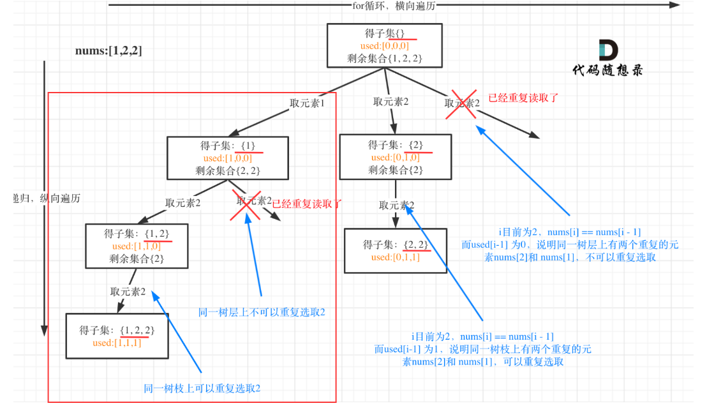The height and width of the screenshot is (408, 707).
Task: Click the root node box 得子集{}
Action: pos(384,45)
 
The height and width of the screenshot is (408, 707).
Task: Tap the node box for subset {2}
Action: pos(395,156)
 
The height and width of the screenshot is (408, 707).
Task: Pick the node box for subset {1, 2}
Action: pos(137,246)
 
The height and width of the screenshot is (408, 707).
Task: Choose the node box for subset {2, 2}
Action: pos(395,251)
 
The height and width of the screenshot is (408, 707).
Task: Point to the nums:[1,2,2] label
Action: pos(108,51)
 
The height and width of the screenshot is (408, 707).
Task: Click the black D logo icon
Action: pos(607,51)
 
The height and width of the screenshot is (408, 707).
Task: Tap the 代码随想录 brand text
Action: pos(607,70)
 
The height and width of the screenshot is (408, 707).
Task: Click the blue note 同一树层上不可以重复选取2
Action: pos(262,312)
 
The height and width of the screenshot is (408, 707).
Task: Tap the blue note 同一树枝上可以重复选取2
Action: pos(202,388)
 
